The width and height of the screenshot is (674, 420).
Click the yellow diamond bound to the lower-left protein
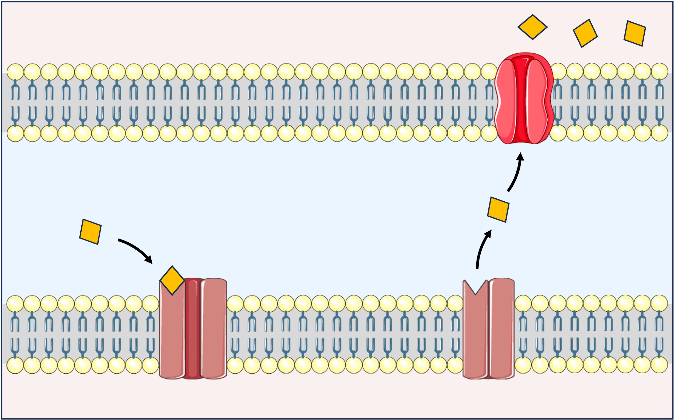(172, 280)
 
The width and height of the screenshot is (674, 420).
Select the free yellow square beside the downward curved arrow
(90, 232)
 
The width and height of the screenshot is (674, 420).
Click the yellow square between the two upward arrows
(498, 210)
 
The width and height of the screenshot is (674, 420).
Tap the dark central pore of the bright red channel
(522, 100)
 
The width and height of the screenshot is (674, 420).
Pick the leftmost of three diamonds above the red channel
(532, 27)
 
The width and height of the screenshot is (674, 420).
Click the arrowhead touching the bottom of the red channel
(520, 157)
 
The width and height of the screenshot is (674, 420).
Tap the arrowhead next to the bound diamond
(149, 260)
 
